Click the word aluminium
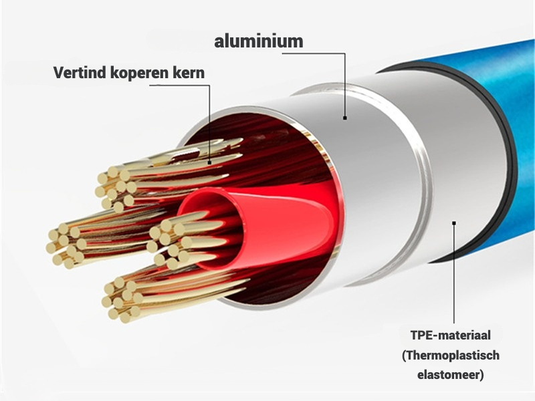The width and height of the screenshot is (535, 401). coord(258,41)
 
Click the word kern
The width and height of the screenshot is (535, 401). coord(187,72)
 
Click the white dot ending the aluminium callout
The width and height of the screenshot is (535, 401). coord(345,118)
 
